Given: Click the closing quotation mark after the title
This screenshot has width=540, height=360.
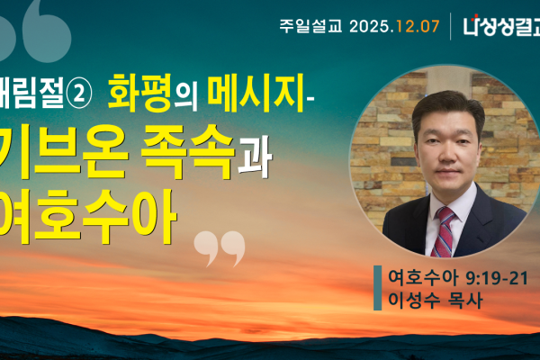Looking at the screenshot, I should click(220, 242).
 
